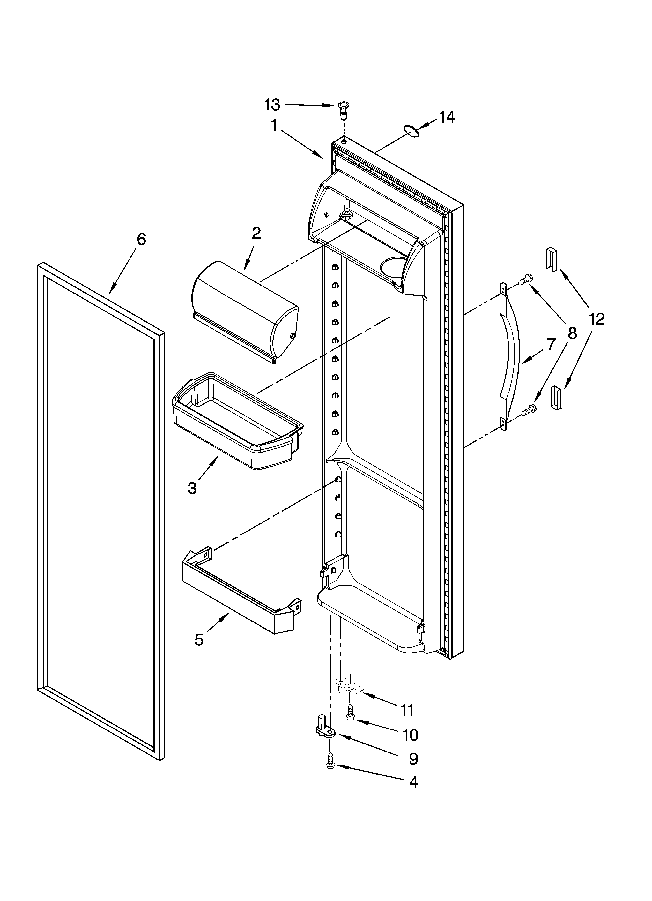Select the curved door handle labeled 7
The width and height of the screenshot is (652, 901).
[x=510, y=355]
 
